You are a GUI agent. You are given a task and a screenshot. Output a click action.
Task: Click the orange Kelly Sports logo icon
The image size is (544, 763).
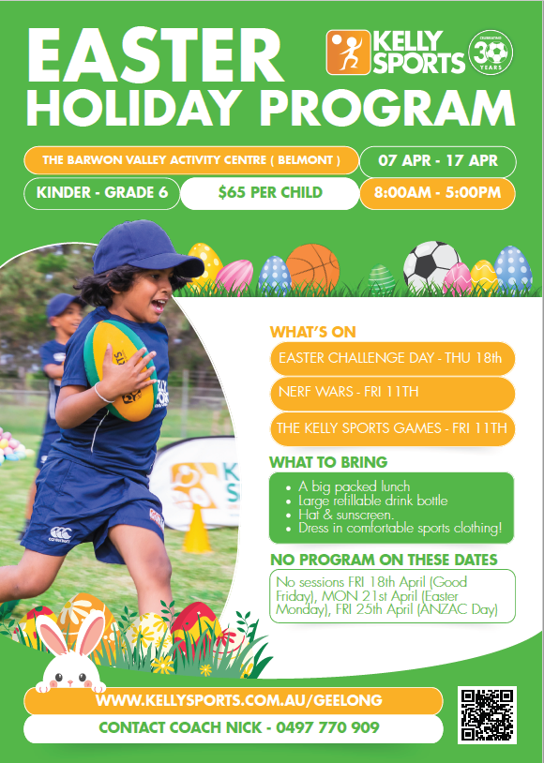pyautogui.click(x=348, y=52)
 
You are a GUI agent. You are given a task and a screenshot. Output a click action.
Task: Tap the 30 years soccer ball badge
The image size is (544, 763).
pyautogui.click(x=491, y=52)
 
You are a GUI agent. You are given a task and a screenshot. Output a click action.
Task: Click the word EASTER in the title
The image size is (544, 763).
pyautogui.click(x=156, y=56)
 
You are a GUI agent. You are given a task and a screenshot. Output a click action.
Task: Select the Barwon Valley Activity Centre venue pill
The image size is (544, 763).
pyautogui.click(x=191, y=160)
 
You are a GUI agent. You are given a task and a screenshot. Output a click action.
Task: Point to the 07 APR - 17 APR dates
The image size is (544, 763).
pyautogui.click(x=438, y=160)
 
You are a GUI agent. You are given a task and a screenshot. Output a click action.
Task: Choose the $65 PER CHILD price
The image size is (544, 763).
pyautogui.click(x=270, y=193)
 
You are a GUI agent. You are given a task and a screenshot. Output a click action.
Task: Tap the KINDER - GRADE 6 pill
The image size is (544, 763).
pyautogui.click(x=102, y=193)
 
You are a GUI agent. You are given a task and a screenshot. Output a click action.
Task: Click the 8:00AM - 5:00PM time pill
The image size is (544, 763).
pyautogui.click(x=437, y=193)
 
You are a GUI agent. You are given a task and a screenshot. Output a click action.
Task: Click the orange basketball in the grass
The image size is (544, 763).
pyautogui.click(x=312, y=268)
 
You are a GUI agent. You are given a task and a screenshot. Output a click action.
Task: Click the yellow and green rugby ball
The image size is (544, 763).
pyautogui.click(x=120, y=370)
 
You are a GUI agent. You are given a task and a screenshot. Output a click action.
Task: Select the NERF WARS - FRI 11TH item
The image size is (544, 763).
pyautogui.click(x=393, y=392)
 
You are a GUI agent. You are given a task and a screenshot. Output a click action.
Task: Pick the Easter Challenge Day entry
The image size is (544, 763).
pyautogui.click(x=393, y=358)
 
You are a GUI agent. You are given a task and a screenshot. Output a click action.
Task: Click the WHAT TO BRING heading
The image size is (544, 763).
pyautogui.click(x=328, y=462)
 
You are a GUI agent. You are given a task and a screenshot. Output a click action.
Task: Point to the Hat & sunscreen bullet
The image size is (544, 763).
pyautogui.click(x=346, y=515)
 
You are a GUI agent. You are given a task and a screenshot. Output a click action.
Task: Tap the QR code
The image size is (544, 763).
pyautogui.click(x=487, y=715)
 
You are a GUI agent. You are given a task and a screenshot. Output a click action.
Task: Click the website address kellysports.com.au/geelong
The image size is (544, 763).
pyautogui.click(x=239, y=701)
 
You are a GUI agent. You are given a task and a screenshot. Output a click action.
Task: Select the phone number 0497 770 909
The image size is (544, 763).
pyautogui.click(x=327, y=727)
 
